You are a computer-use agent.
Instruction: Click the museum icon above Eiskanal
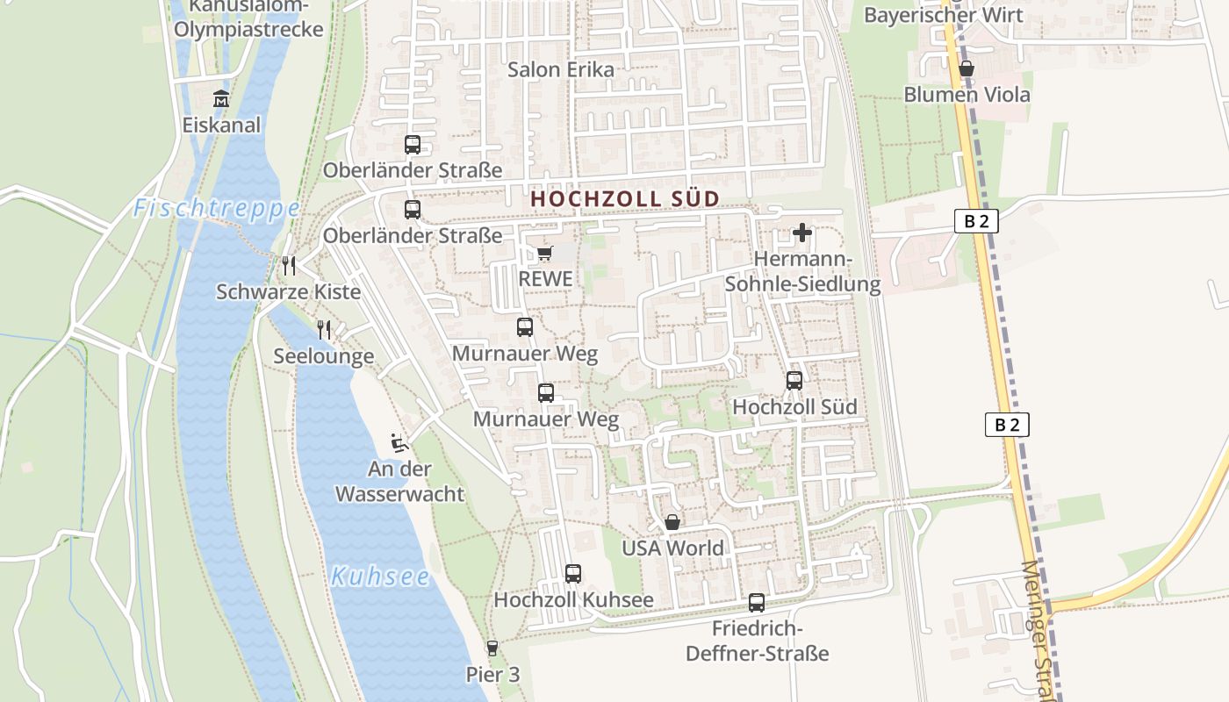(220, 98)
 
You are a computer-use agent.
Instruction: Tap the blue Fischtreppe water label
(217, 209)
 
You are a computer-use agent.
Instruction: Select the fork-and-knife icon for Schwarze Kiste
(288, 264)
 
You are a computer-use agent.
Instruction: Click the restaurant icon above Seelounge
(324, 329)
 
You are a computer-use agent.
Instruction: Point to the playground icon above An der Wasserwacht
(399, 442)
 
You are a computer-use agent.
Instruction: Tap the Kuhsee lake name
(380, 577)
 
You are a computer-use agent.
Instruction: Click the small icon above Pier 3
(492, 648)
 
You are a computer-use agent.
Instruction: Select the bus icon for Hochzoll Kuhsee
(573, 574)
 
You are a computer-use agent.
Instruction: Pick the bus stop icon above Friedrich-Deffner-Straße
(757, 603)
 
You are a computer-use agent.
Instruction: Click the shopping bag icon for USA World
(672, 522)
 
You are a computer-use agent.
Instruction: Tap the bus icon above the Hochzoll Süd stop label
(794, 381)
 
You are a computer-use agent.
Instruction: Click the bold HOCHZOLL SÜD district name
(625, 199)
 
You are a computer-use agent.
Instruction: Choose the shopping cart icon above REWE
(544, 254)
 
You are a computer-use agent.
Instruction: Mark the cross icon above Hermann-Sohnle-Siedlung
(802, 233)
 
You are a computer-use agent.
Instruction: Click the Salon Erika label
(561, 69)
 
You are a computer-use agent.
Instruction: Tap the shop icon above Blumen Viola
(967, 68)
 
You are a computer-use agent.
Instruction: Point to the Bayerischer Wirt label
(943, 15)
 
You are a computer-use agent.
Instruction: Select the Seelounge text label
(323, 356)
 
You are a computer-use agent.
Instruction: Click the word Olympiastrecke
(248, 29)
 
